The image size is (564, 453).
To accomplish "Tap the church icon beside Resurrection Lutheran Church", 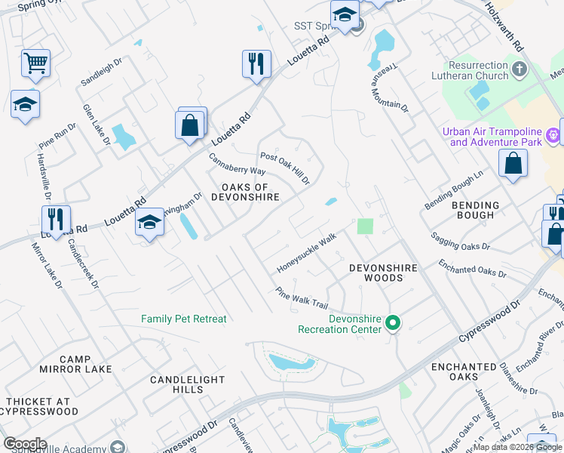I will tap(519, 70).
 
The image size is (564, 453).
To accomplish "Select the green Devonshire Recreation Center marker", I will tap(392, 323).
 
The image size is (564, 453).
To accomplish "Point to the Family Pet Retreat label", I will tap(183, 319).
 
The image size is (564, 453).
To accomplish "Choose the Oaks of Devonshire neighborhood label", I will tap(250, 192).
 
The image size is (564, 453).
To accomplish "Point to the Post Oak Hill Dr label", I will tap(285, 168).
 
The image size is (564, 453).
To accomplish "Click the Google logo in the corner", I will tap(24, 444).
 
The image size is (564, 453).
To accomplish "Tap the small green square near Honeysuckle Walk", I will tap(365, 226).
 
